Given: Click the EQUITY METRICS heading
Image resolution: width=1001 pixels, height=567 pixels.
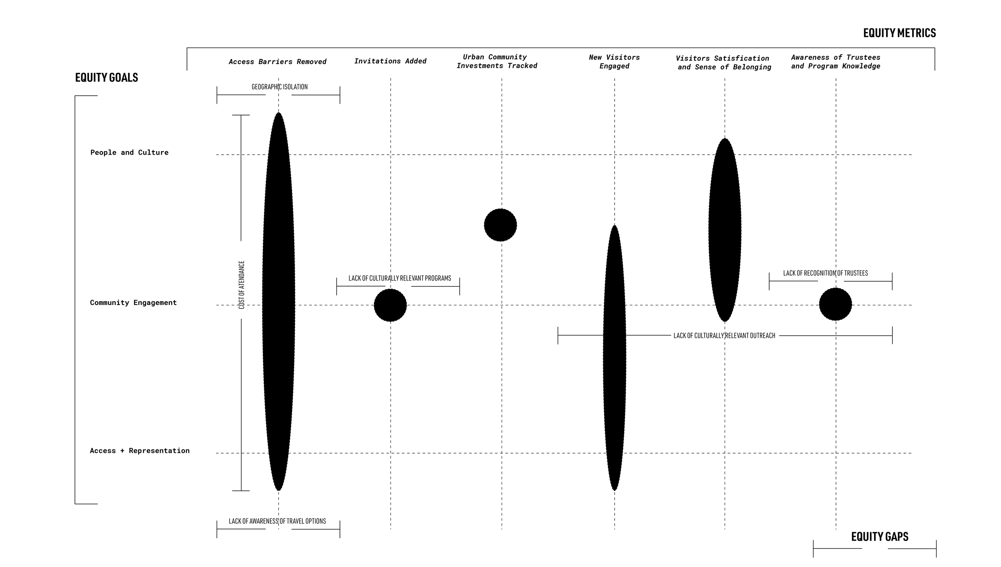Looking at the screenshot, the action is pyautogui.click(x=899, y=33).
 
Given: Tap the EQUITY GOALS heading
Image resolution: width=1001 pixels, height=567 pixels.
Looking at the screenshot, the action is pyautogui.click(x=107, y=77).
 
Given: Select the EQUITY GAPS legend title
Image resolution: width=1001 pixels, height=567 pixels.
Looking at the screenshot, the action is pyautogui.click(x=880, y=537).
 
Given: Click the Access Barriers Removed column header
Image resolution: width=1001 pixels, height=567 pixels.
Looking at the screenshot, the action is pyautogui.click(x=277, y=62).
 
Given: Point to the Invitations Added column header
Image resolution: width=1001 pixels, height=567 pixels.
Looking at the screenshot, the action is pyautogui.click(x=390, y=61).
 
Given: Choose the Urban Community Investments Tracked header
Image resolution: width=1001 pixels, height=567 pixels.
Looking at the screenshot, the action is pyautogui.click(x=496, y=61).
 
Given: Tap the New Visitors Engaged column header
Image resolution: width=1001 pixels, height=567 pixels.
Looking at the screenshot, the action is pyautogui.click(x=614, y=62).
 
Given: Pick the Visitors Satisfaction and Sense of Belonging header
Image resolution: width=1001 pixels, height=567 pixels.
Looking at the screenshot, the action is pyautogui.click(x=724, y=63).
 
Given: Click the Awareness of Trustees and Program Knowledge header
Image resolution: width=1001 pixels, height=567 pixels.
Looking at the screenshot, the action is pyautogui.click(x=836, y=62).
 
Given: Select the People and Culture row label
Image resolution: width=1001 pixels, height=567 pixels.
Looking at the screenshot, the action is pyautogui.click(x=129, y=152).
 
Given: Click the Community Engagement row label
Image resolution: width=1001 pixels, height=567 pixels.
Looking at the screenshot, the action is pyautogui.click(x=133, y=303).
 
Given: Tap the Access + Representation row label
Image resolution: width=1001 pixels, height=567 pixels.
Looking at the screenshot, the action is pyautogui.click(x=140, y=451).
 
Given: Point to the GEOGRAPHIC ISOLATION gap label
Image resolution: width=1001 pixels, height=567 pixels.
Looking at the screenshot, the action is pyautogui.click(x=279, y=87).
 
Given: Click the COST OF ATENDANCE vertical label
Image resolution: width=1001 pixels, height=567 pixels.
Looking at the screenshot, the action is pyautogui.click(x=241, y=285).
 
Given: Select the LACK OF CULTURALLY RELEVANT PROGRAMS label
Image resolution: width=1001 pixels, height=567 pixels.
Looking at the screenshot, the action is pyautogui.click(x=400, y=278).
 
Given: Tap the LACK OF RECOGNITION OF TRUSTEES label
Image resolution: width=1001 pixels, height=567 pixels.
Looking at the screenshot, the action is pyautogui.click(x=826, y=273).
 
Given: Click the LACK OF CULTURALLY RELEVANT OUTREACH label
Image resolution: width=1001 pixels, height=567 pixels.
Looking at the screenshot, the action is pyautogui.click(x=724, y=336).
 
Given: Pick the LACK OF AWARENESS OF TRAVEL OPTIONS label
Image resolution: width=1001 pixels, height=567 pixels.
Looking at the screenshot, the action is pyautogui.click(x=277, y=521).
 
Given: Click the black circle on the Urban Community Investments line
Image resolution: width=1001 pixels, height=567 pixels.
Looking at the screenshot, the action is pyautogui.click(x=500, y=225).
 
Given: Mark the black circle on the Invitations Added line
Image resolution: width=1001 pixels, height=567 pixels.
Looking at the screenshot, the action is pyautogui.click(x=390, y=305).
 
